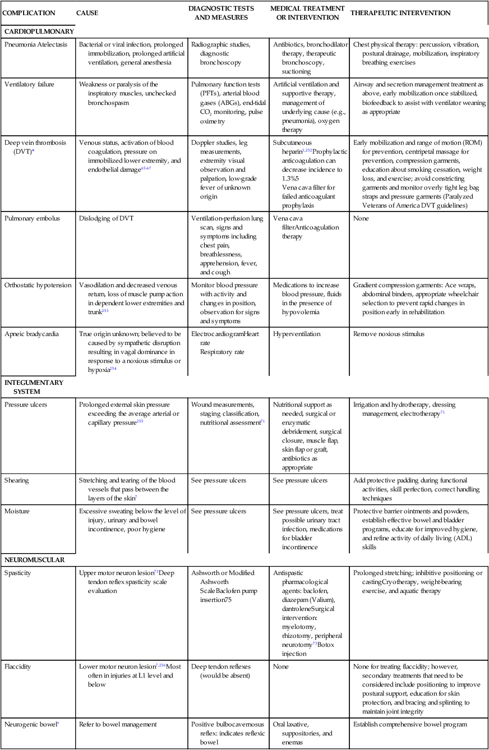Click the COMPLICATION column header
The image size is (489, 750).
[x=29, y=13]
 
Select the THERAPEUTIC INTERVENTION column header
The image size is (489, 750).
[x=402, y=13]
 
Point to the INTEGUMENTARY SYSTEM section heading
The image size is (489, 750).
[x=34, y=386]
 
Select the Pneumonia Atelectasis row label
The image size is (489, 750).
[x=38, y=44]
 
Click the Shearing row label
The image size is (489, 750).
[x=17, y=480]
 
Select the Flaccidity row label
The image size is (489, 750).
[x=18, y=666]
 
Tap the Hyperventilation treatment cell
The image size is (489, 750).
[x=297, y=333]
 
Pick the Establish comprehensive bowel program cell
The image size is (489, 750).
[x=410, y=724]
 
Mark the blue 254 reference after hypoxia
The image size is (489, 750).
[x=113, y=369]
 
